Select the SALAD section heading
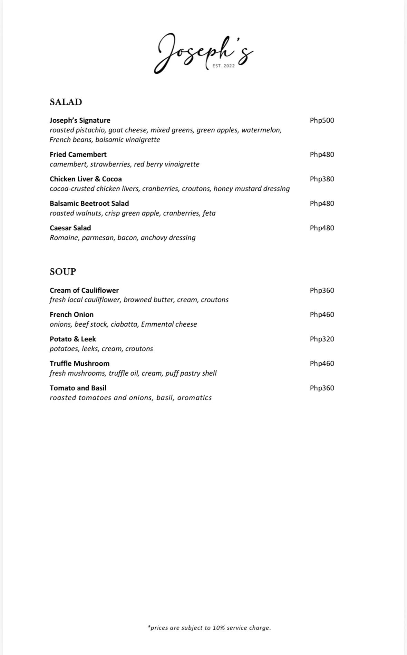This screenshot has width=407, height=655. click(x=66, y=102)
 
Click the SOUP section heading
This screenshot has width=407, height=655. click(x=63, y=272)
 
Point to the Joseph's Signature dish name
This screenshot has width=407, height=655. click(x=80, y=120)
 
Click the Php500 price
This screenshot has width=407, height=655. click(x=322, y=120)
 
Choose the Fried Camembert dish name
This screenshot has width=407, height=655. click(x=78, y=155)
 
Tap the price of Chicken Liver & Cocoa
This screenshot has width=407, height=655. click(x=322, y=179)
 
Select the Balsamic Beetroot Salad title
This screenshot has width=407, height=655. click(x=89, y=204)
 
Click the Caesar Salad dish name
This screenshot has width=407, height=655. click(x=70, y=228)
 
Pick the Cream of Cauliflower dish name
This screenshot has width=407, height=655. click(x=84, y=290)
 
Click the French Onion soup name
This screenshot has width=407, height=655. click(x=71, y=315)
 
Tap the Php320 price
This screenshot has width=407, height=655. click(x=322, y=339)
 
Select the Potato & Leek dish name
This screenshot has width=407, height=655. click(x=73, y=339)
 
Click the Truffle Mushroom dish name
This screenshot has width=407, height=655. click(x=79, y=364)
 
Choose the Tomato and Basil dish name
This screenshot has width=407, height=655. click(x=78, y=388)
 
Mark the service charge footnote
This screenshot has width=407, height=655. click(x=209, y=628)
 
